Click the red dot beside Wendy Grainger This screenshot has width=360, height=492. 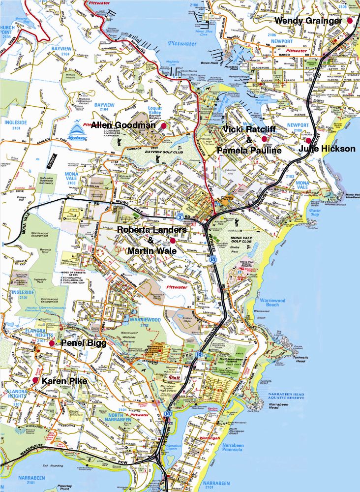pyautogui.click(x=350, y=21)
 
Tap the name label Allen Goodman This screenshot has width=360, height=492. pyautogui.click(x=122, y=125)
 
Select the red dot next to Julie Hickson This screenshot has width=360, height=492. pyautogui.click(x=308, y=140)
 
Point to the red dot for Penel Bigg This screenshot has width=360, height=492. pyautogui.click(x=52, y=342)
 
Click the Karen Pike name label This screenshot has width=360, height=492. pyautogui.click(x=64, y=381)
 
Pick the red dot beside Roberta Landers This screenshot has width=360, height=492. pyautogui.click(x=173, y=241)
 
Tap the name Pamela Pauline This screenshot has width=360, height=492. pyautogui.click(x=249, y=150)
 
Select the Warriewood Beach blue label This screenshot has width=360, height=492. pyautogui.click(x=276, y=302)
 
